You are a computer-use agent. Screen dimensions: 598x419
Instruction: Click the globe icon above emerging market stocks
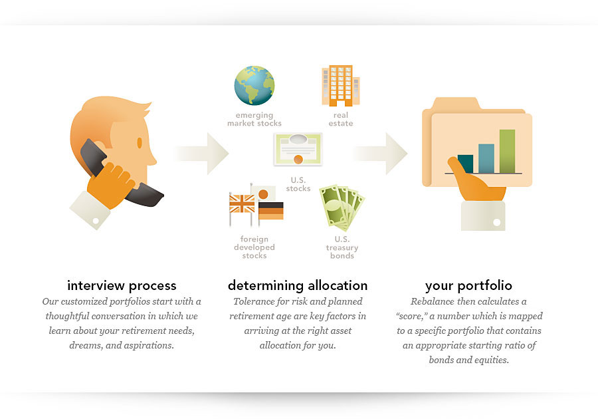(254, 86)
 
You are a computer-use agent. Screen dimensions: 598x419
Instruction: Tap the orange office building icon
(341, 86)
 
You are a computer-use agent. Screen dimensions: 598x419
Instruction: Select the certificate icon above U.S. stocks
(298, 149)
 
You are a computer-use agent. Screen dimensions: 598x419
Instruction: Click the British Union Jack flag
(242, 204)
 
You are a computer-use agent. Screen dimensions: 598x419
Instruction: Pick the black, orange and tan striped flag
(271, 211)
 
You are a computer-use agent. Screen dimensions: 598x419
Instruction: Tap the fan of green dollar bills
(342, 208)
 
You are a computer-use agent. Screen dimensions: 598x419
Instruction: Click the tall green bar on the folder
(507, 152)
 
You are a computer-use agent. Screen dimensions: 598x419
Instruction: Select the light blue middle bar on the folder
(486, 159)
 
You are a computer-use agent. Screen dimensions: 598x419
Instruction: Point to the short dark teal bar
(466, 164)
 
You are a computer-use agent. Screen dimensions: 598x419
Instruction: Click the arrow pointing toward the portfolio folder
(380, 154)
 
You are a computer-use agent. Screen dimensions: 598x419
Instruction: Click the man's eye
(140, 143)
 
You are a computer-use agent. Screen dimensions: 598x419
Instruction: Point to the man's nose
(153, 158)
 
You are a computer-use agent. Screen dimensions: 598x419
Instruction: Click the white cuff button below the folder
(496, 222)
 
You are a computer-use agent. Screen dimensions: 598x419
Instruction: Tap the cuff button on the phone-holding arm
(96, 221)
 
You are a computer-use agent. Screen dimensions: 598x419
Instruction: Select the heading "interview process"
(122, 285)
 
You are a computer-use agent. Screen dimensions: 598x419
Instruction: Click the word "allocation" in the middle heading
(338, 285)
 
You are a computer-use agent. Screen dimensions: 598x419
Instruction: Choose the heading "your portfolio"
(468, 285)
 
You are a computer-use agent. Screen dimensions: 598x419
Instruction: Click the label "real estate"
(341, 119)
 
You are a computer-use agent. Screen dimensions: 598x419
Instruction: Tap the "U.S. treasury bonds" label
(342, 247)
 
